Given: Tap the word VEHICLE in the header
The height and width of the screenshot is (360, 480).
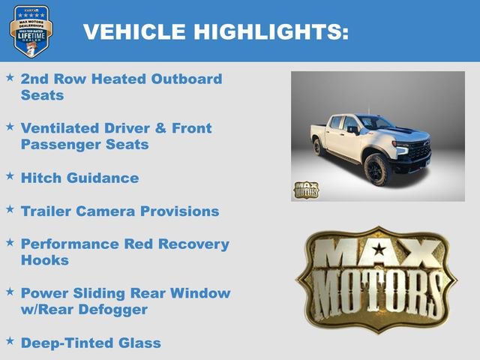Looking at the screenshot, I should tap(133, 31).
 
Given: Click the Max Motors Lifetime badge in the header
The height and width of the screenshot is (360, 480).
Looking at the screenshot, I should tap(31, 31).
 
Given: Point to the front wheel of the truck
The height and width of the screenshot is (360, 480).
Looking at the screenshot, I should tap(375, 169).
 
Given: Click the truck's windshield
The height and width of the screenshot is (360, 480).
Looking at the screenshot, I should tap(373, 122).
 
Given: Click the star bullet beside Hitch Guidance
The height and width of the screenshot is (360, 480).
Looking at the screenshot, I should tap(10, 175).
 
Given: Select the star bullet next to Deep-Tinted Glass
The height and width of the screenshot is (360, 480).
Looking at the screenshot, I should tap(10, 340).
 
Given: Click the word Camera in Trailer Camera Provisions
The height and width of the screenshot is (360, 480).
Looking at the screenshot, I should tap(113, 211).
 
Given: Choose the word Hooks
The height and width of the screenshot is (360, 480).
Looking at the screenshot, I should tap(45, 260).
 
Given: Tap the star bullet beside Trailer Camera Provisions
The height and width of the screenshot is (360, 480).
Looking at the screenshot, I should tap(10, 208).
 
